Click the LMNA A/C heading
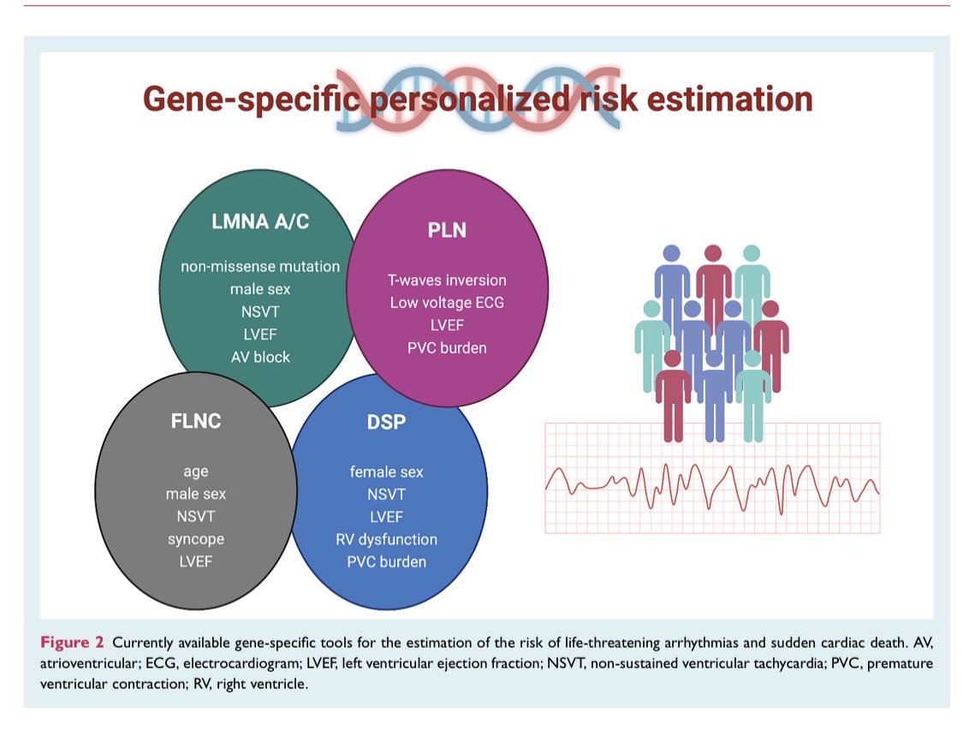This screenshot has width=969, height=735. click(259, 222)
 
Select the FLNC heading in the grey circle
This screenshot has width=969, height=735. click(195, 422)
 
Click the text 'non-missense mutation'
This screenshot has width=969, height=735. click(259, 266)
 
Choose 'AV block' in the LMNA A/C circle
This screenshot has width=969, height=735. click(259, 356)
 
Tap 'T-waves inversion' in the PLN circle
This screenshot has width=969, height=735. click(447, 280)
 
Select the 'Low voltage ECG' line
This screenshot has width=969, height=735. click(447, 302)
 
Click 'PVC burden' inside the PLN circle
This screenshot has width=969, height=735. click(447, 347)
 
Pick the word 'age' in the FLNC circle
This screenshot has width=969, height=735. click(195, 471)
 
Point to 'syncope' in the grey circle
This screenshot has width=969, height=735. click(195, 539)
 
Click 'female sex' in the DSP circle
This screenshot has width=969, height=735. click(386, 472)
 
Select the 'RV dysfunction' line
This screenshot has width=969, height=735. click(386, 539)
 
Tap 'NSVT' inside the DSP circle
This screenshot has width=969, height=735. click(386, 495)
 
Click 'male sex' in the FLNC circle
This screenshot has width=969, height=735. click(195, 494)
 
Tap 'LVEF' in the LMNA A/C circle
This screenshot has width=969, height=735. click(259, 334)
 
